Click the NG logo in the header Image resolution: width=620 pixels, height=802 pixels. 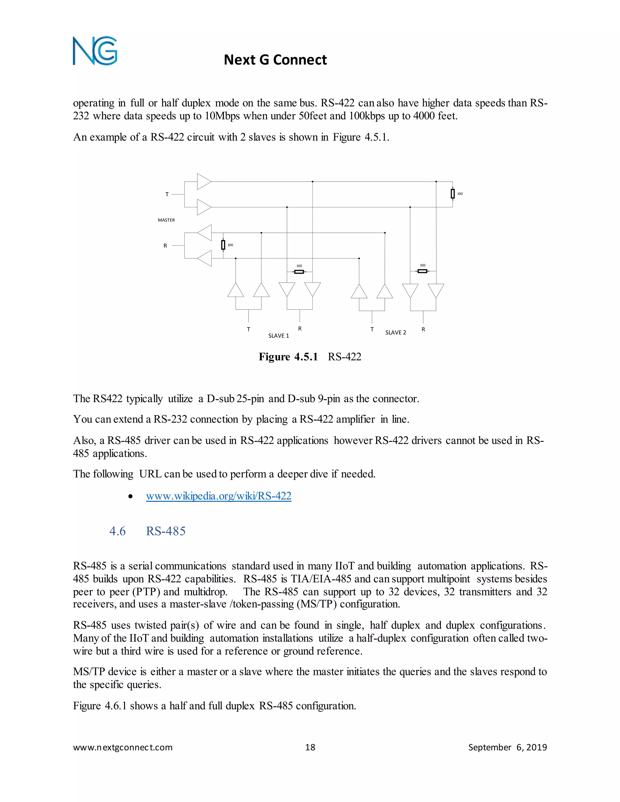point(95,51)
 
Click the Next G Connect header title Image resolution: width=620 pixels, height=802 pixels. point(275,60)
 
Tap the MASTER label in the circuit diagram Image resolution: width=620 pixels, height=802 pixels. point(167,220)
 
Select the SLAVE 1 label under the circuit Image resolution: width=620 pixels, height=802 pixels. point(279,336)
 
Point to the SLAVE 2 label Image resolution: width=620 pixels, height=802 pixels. point(396,332)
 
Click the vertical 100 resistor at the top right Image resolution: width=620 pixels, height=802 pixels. point(453,193)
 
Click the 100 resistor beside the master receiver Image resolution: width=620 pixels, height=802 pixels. point(223,245)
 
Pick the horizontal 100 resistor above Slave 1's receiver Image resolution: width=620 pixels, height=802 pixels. point(299,272)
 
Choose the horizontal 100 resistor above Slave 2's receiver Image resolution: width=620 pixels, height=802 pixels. point(423,271)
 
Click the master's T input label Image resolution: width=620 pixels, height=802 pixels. point(167,194)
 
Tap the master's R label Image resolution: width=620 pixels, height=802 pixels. point(165,246)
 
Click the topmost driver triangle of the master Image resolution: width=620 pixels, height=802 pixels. point(203,181)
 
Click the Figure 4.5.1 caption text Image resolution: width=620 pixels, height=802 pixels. point(310,357)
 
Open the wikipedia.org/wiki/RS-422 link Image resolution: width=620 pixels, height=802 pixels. point(219,496)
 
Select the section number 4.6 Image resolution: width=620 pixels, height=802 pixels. point(117,531)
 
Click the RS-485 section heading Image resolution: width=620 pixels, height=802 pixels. point(166,531)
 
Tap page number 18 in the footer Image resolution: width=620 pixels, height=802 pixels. point(310,747)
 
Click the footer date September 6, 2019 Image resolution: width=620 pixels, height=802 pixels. point(507,747)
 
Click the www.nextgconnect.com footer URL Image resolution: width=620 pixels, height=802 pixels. point(123,747)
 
